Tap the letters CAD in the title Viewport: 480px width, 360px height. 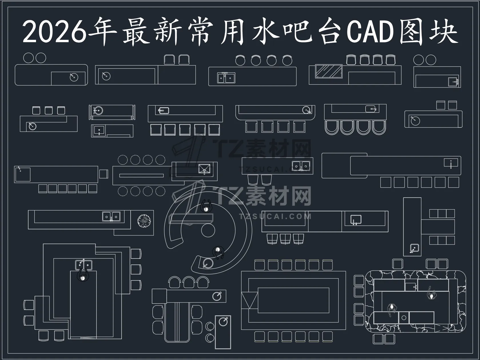pos(370,31)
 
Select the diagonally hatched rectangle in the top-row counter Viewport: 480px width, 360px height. pos(328,71)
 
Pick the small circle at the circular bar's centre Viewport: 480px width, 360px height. pos(208,230)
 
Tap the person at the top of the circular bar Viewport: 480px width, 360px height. pos(206,206)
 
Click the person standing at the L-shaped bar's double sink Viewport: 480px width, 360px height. pos(83,275)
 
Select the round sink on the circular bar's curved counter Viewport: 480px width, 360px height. pos(208,263)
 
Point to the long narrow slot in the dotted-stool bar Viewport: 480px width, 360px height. pos(142,175)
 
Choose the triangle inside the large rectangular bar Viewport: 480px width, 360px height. pos(250,301)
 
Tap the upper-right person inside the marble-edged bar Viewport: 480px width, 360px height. pos(431,294)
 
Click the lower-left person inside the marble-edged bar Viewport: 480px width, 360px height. pos(392,309)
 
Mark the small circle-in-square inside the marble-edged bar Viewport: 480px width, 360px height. pos(404,318)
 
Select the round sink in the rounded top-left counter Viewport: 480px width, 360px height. pos(74,77)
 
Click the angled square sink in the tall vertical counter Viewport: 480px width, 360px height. pos(415,248)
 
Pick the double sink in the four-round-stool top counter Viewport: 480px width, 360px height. pos(226,78)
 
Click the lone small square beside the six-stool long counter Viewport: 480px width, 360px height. pos(103,174)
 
